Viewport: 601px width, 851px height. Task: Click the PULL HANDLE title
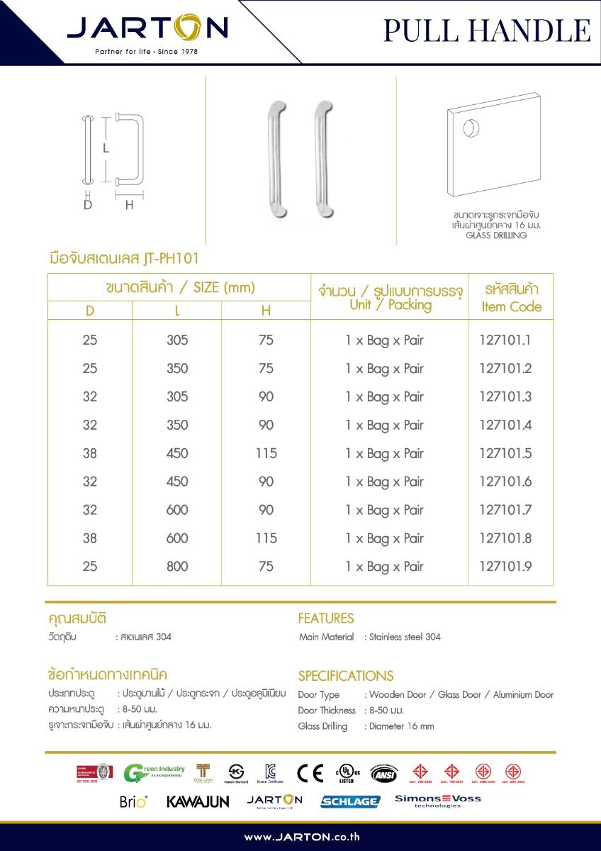(x=487, y=30)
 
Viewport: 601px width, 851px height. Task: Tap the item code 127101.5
(x=505, y=453)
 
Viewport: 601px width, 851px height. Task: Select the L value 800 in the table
(x=177, y=567)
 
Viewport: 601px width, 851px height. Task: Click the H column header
(x=266, y=311)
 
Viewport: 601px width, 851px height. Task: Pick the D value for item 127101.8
(x=90, y=538)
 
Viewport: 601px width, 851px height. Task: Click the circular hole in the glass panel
(x=469, y=129)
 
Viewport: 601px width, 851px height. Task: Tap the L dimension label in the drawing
(x=106, y=149)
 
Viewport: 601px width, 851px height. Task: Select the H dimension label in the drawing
(x=130, y=206)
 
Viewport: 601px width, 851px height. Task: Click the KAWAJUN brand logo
(x=198, y=801)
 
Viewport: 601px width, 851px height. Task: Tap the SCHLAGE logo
(x=350, y=801)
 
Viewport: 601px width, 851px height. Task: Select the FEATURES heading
(x=325, y=618)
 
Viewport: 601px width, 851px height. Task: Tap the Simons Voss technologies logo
(x=437, y=801)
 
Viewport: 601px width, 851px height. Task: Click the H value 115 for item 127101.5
(x=266, y=453)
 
